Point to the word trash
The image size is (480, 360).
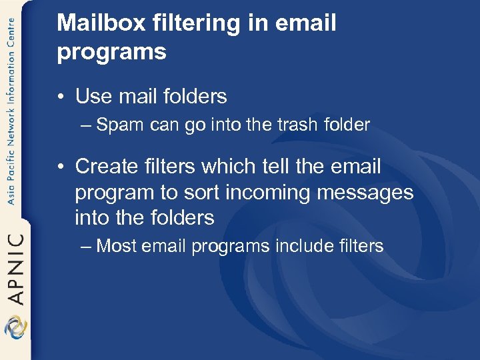(x=299, y=125)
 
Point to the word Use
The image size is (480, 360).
(x=93, y=97)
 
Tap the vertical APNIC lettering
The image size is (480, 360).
(x=15, y=268)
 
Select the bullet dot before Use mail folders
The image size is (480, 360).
(x=61, y=97)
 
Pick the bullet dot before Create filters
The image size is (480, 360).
(x=61, y=167)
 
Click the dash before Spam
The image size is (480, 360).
(x=87, y=125)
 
